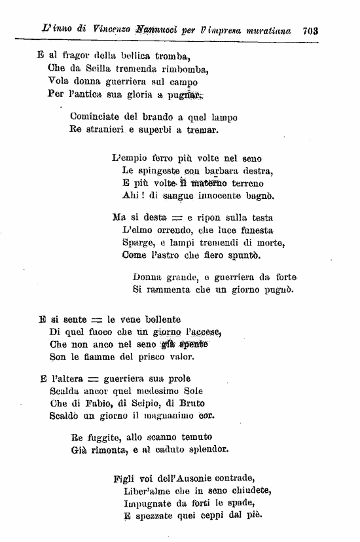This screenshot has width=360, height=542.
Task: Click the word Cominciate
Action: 95,117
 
